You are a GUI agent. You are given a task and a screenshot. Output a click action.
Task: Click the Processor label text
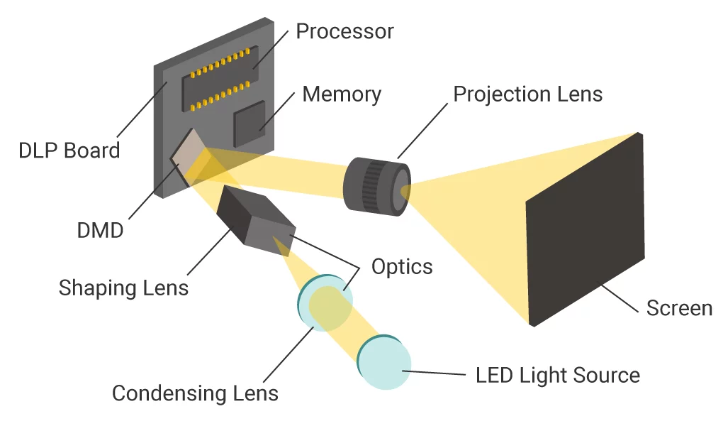(344, 32)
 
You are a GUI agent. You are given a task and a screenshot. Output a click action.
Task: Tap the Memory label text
(342, 94)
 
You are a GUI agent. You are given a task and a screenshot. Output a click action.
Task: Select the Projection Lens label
(527, 94)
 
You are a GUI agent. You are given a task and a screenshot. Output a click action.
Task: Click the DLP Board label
(69, 151)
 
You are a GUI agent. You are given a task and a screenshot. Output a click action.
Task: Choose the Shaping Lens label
(123, 288)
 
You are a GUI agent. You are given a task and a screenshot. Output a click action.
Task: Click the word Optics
(402, 266)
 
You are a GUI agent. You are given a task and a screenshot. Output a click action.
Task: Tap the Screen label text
(679, 308)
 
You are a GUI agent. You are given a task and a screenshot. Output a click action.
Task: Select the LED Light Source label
(558, 375)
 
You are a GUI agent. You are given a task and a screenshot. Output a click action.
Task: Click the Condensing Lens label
(195, 393)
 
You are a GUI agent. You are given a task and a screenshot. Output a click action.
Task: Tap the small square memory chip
(250, 125)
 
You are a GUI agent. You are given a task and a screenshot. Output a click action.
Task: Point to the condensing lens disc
(323, 302)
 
